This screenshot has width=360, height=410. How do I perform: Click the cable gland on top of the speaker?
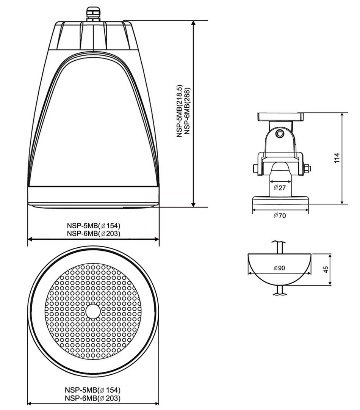(92, 14)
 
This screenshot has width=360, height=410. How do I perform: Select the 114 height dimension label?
(337, 158)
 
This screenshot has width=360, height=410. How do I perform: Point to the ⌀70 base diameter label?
(280, 216)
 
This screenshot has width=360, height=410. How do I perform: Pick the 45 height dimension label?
(326, 269)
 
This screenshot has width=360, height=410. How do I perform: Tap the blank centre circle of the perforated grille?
(93, 311)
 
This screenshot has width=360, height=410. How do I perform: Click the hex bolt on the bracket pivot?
(280, 134)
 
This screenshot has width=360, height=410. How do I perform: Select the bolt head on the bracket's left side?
(253, 168)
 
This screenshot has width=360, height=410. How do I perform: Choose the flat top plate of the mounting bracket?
(280, 116)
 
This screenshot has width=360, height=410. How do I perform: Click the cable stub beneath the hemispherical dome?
(280, 290)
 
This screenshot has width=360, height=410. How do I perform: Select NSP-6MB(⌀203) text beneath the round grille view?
(93, 398)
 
